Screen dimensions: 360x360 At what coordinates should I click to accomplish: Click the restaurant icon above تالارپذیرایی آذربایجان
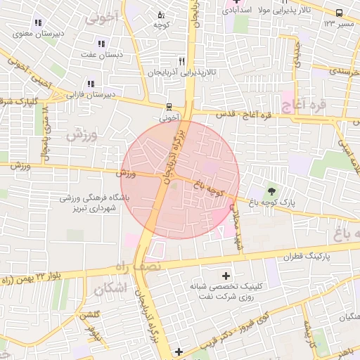(x=182, y=61)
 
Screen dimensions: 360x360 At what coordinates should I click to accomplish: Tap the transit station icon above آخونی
(x=169, y=108)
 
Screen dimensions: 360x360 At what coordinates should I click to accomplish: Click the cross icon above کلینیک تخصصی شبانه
(x=225, y=275)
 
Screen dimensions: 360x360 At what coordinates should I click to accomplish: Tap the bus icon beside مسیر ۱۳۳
(x=339, y=13)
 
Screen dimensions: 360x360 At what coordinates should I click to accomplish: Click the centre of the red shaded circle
(x=181, y=179)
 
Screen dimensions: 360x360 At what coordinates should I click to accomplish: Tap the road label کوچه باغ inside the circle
(x=206, y=186)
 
